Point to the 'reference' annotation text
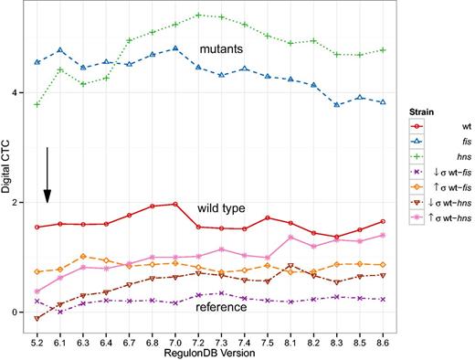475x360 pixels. [x=220, y=306]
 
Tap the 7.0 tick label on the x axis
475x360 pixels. [x=174, y=339]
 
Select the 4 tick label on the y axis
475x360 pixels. [x=20, y=91]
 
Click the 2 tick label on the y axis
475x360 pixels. [x=20, y=202]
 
